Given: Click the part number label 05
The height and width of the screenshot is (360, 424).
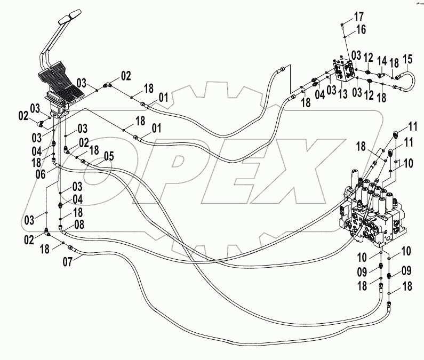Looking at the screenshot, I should (x=109, y=156).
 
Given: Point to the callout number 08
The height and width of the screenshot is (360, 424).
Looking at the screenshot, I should (x=79, y=225).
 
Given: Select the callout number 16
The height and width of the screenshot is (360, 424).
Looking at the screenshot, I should (x=361, y=29).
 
